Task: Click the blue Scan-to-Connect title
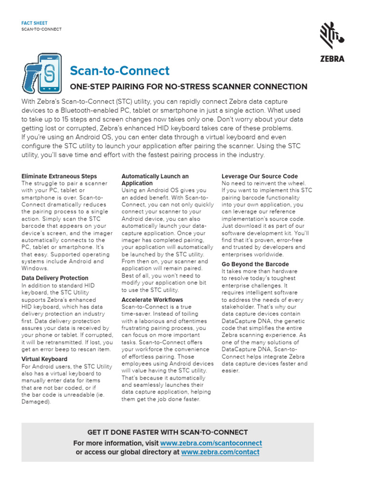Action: click(120, 71)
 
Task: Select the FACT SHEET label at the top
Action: click(34, 22)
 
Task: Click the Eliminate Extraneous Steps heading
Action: click(59, 176)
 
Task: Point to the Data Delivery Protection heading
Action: click(55, 278)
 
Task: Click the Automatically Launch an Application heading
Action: click(155, 180)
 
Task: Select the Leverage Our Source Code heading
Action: click(260, 176)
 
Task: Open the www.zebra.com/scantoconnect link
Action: click(211, 443)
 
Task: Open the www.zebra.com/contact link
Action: click(220, 452)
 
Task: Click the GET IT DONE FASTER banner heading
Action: click(167, 433)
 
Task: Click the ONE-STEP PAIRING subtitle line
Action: click(189, 86)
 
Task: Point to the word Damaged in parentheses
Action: click(36, 402)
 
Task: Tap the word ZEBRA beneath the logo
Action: click(332, 59)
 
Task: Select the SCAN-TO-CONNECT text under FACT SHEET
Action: click(41, 29)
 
